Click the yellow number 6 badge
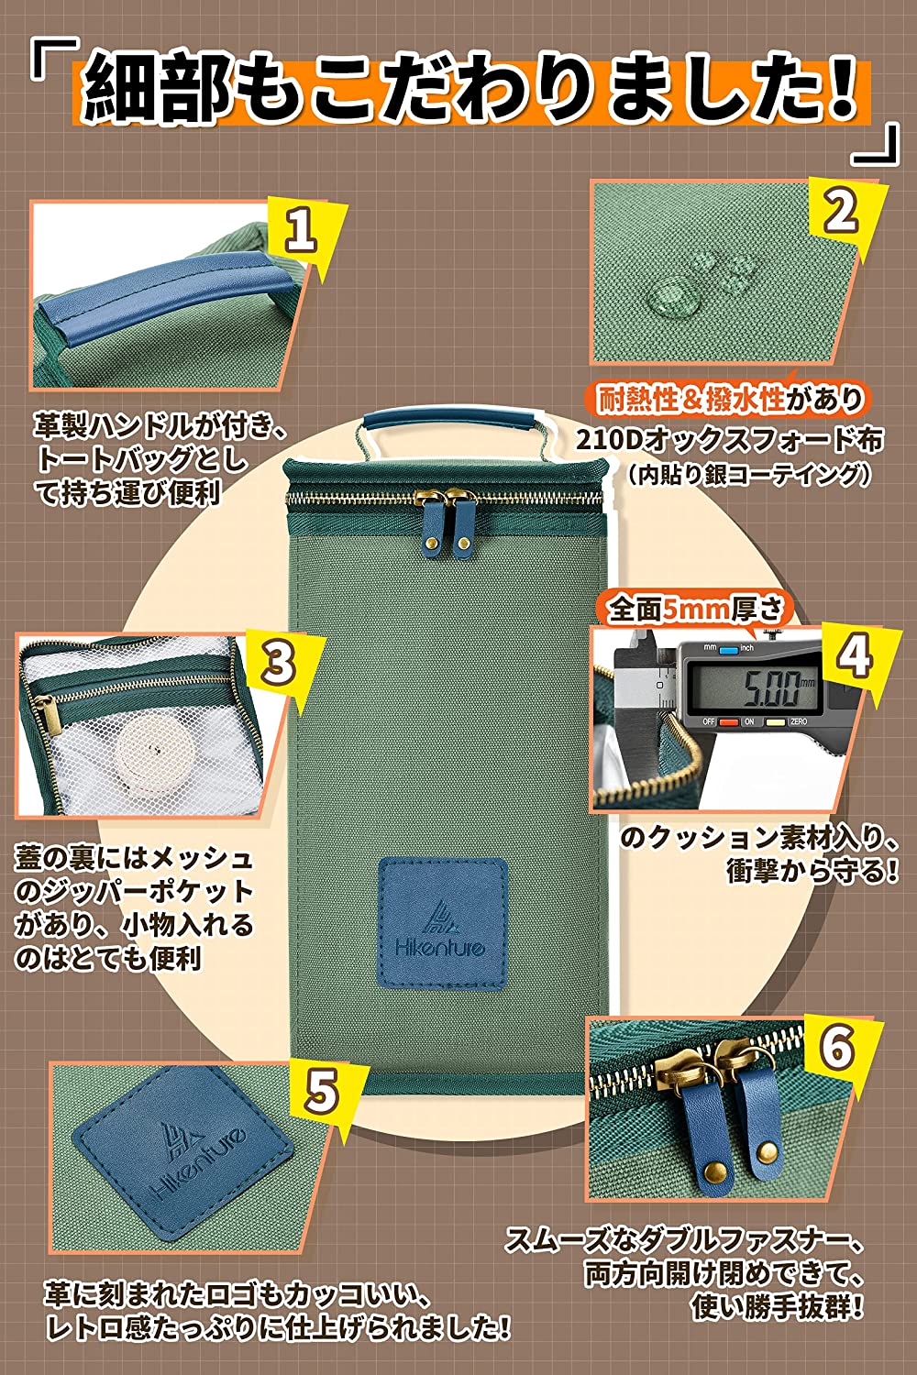click(837, 1050)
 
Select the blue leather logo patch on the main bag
click(443, 922)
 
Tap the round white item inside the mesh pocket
click(148, 746)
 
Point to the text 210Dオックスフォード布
click(730, 440)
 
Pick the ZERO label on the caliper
click(798, 722)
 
